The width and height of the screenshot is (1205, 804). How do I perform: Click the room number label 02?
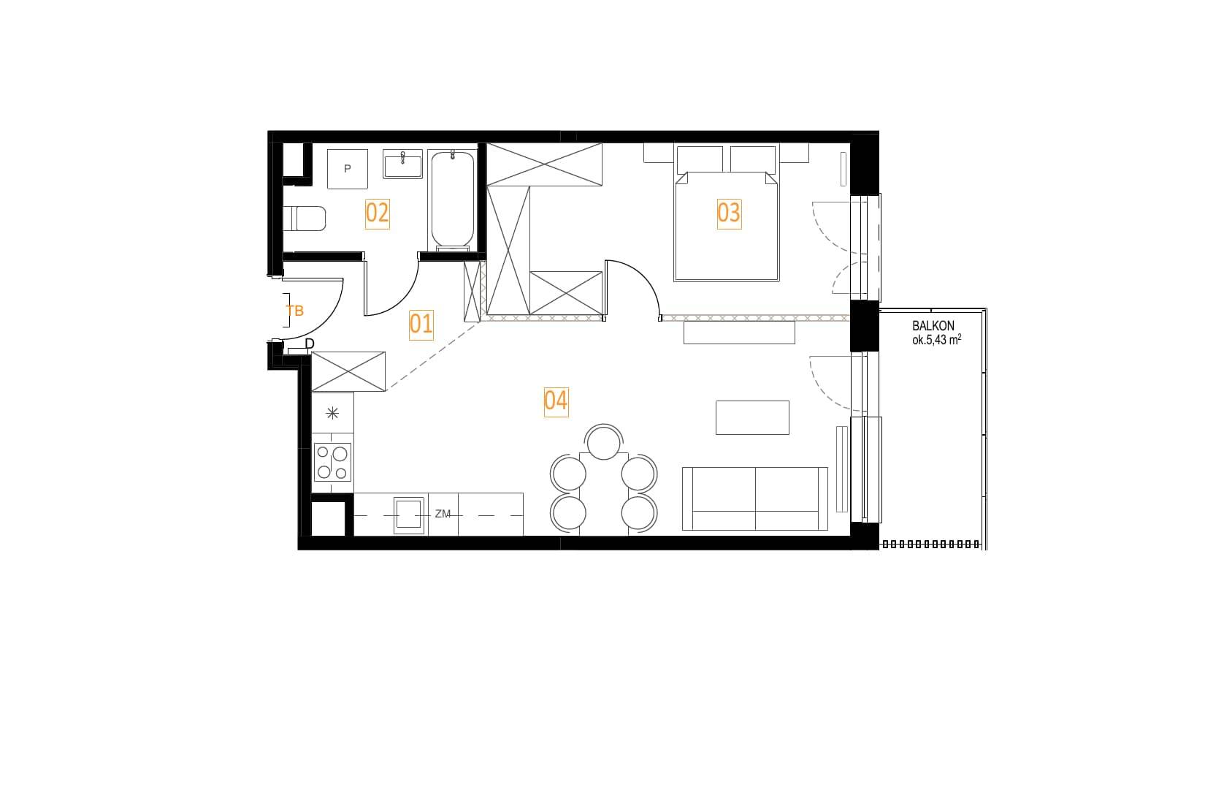377,213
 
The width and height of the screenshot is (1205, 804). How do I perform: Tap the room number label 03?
729,213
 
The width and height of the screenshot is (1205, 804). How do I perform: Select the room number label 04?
556,402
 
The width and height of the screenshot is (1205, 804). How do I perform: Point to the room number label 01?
421,325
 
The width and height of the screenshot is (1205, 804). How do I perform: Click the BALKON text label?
933,326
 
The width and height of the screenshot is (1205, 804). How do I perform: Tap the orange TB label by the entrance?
295,311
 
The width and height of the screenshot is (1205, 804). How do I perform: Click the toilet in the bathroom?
304,218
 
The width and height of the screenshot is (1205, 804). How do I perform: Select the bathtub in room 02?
452,200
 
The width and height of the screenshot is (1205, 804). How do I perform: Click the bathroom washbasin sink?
403,164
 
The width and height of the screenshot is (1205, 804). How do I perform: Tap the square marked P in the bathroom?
348,169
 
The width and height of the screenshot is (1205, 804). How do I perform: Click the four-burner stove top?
332,462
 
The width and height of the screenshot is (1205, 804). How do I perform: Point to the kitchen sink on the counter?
408,515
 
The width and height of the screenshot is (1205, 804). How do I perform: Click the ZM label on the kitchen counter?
443,515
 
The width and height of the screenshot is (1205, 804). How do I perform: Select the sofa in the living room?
754,498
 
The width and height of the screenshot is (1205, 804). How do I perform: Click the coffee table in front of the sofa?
752,417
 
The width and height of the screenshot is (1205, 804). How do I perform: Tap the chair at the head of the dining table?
603,441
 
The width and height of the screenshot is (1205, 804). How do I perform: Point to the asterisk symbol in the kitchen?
332,414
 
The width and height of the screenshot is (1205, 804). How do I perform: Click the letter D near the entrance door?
310,344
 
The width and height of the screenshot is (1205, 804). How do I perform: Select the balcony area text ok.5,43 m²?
936,340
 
